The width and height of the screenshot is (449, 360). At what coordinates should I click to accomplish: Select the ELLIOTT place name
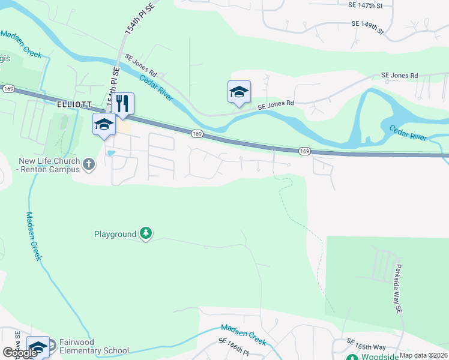pos(74,104)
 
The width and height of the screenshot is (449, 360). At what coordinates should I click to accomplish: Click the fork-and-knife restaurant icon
pos(123,103)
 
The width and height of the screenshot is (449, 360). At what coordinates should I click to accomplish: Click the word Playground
pos(115,234)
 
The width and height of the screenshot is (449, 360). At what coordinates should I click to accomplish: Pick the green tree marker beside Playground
pos(145,233)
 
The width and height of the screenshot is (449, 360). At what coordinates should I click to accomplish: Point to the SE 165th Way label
pos(366,346)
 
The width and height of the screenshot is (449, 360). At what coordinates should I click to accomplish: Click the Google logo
pos(20,353)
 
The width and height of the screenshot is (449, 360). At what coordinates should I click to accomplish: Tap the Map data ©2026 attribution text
pos(423,355)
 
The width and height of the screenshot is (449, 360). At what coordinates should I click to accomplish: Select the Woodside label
pos(379,357)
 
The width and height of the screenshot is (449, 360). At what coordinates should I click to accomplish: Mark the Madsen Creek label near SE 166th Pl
pos(243,334)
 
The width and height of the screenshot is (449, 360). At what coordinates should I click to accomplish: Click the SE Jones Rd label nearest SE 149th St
pos(399,76)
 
